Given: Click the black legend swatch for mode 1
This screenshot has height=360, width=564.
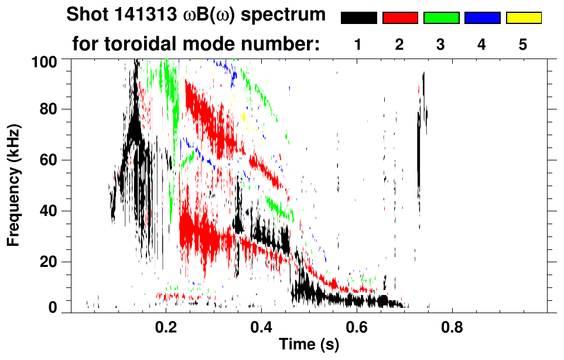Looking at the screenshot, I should click(358, 18).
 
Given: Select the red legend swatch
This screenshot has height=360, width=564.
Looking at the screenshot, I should click(400, 18).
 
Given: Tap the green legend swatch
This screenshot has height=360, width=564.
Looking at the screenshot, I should click(441, 18).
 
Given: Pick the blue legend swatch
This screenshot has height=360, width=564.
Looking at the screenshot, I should click(482, 18).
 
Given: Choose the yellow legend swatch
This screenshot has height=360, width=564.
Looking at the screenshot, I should click(524, 18).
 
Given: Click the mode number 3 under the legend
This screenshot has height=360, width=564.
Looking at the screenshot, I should click(441, 45).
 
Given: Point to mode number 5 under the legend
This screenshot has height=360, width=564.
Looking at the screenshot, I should click(524, 45).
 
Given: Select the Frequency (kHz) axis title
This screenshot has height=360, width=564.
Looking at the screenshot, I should click(13, 184).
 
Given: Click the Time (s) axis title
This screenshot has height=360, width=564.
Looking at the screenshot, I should click(308, 345).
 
